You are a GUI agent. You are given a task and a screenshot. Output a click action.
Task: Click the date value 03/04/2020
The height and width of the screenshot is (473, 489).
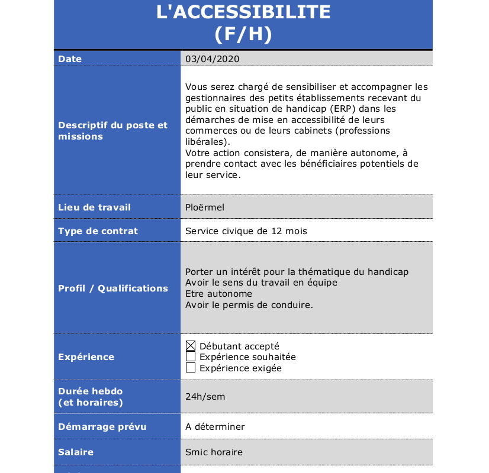[x=213, y=59]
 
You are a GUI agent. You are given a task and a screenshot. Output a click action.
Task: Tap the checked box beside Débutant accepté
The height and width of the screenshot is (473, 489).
[x=191, y=346]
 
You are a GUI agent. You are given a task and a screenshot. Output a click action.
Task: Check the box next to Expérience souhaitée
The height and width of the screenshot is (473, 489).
[x=191, y=357]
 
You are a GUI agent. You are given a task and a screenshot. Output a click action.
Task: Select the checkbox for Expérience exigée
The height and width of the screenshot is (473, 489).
[x=191, y=368]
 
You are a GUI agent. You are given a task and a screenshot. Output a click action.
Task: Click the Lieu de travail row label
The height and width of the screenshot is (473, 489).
[x=94, y=208]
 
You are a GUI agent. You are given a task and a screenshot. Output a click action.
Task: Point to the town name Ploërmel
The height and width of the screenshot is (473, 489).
[x=205, y=208]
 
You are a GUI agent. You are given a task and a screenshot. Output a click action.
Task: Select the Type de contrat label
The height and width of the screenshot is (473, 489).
[x=98, y=231]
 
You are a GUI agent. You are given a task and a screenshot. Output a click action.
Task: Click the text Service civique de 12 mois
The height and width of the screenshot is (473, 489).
[x=246, y=231]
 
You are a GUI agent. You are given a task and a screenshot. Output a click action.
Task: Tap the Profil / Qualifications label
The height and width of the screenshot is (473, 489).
[x=113, y=289]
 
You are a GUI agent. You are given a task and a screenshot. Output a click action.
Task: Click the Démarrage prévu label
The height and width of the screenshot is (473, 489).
[x=102, y=427]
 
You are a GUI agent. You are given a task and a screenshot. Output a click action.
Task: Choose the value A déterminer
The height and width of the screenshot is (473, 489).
[x=215, y=427]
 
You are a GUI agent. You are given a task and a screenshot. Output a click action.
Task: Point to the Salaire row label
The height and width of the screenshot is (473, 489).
[x=76, y=452]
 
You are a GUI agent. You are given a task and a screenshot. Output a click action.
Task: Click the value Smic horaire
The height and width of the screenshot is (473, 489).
[x=214, y=452]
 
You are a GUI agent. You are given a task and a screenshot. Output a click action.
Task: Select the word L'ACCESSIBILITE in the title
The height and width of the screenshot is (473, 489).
[x=243, y=12]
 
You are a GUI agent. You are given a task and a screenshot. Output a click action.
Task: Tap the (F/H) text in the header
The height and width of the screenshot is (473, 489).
[x=243, y=34]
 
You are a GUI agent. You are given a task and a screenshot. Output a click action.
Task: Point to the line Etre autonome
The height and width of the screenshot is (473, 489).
[x=218, y=294]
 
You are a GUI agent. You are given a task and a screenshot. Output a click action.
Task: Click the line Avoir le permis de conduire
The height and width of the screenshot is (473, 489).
[x=249, y=305]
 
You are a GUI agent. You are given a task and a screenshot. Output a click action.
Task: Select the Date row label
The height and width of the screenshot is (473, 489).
[x=70, y=59]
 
